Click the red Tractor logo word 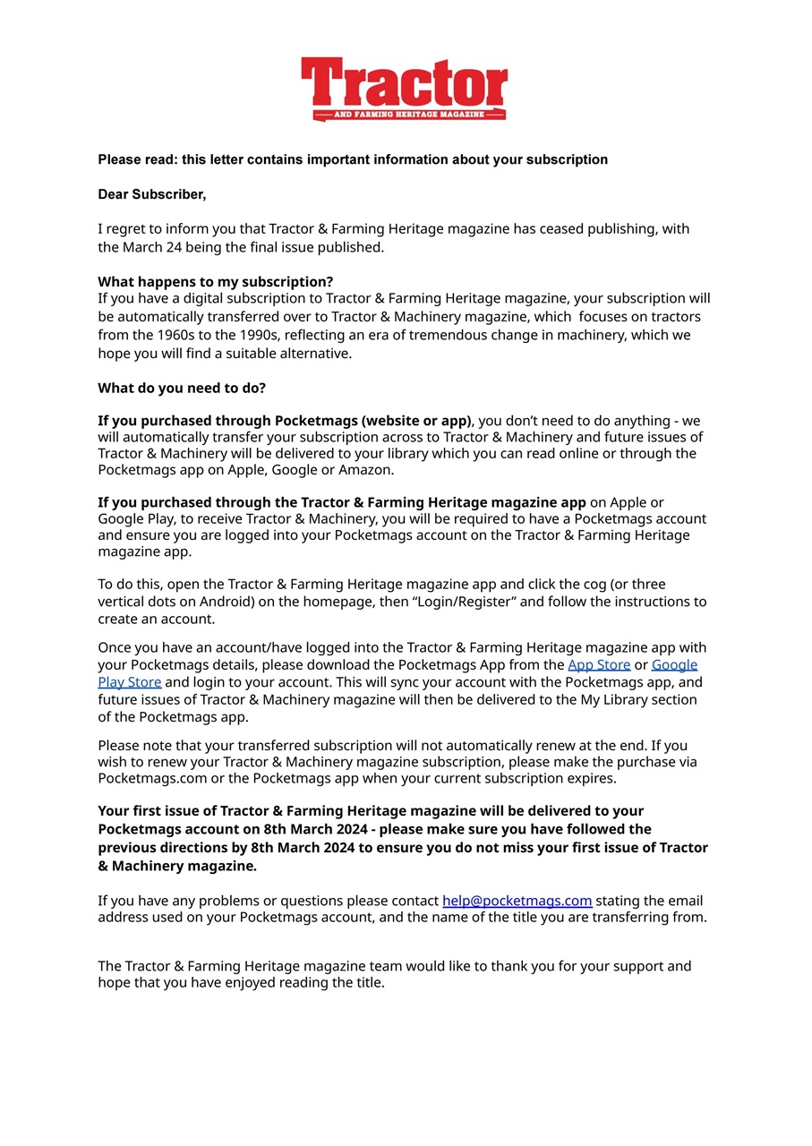click(x=405, y=84)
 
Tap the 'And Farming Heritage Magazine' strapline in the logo click(x=407, y=115)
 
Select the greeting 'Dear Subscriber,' click(x=151, y=194)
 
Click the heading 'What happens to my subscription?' click(x=215, y=281)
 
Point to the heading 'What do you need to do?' click(x=182, y=388)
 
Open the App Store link click(x=599, y=664)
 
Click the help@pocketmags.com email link click(x=517, y=901)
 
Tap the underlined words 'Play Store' click(x=130, y=682)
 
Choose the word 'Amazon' click(x=364, y=469)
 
